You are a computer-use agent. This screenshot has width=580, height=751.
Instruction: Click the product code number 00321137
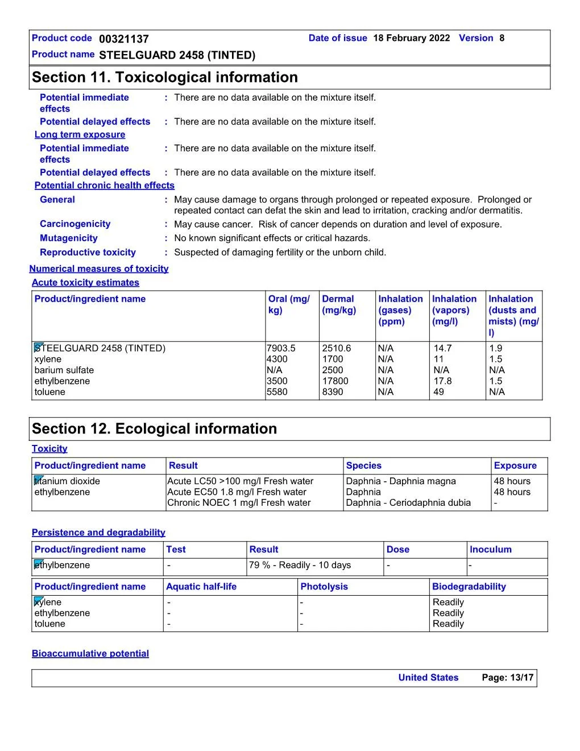click(x=123, y=39)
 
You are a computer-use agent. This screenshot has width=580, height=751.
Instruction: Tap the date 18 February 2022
click(x=411, y=38)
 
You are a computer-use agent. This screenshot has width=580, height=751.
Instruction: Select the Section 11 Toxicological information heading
click(x=165, y=77)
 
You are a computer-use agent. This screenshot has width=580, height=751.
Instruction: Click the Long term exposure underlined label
click(x=80, y=135)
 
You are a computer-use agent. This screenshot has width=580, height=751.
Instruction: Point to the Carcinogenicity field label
click(x=75, y=224)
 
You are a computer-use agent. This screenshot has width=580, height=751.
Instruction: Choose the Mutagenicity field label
click(x=68, y=238)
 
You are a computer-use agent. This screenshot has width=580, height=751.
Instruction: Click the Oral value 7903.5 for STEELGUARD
click(x=281, y=348)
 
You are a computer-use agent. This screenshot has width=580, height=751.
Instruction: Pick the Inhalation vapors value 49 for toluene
click(x=438, y=392)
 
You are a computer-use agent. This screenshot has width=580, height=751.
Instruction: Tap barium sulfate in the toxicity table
click(x=64, y=370)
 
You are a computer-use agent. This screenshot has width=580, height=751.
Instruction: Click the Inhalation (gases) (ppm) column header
click(x=400, y=310)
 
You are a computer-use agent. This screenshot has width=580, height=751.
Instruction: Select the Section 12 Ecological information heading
click(x=154, y=429)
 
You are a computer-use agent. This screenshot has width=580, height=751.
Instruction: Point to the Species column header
click(x=363, y=466)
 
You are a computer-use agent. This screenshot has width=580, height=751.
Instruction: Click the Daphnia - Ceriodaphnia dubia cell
click(x=408, y=503)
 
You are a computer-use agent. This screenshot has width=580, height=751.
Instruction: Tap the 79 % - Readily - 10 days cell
click(x=300, y=566)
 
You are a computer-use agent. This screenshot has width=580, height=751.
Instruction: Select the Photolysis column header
click(x=324, y=587)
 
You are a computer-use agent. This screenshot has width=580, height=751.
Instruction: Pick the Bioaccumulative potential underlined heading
click(x=90, y=654)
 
